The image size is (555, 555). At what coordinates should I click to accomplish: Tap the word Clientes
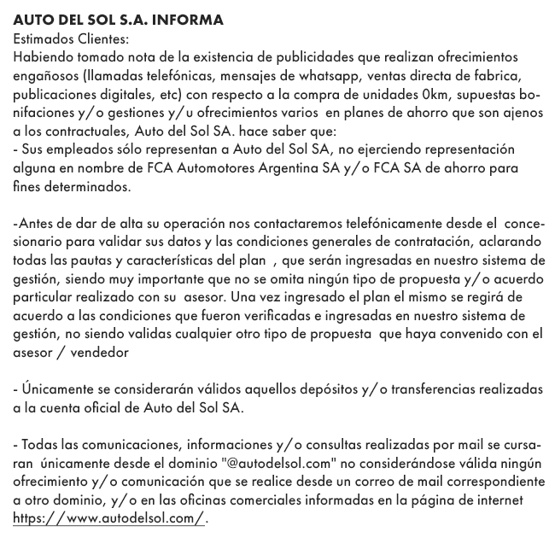[104, 38]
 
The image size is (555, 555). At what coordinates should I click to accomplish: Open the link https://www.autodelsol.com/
[108, 519]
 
